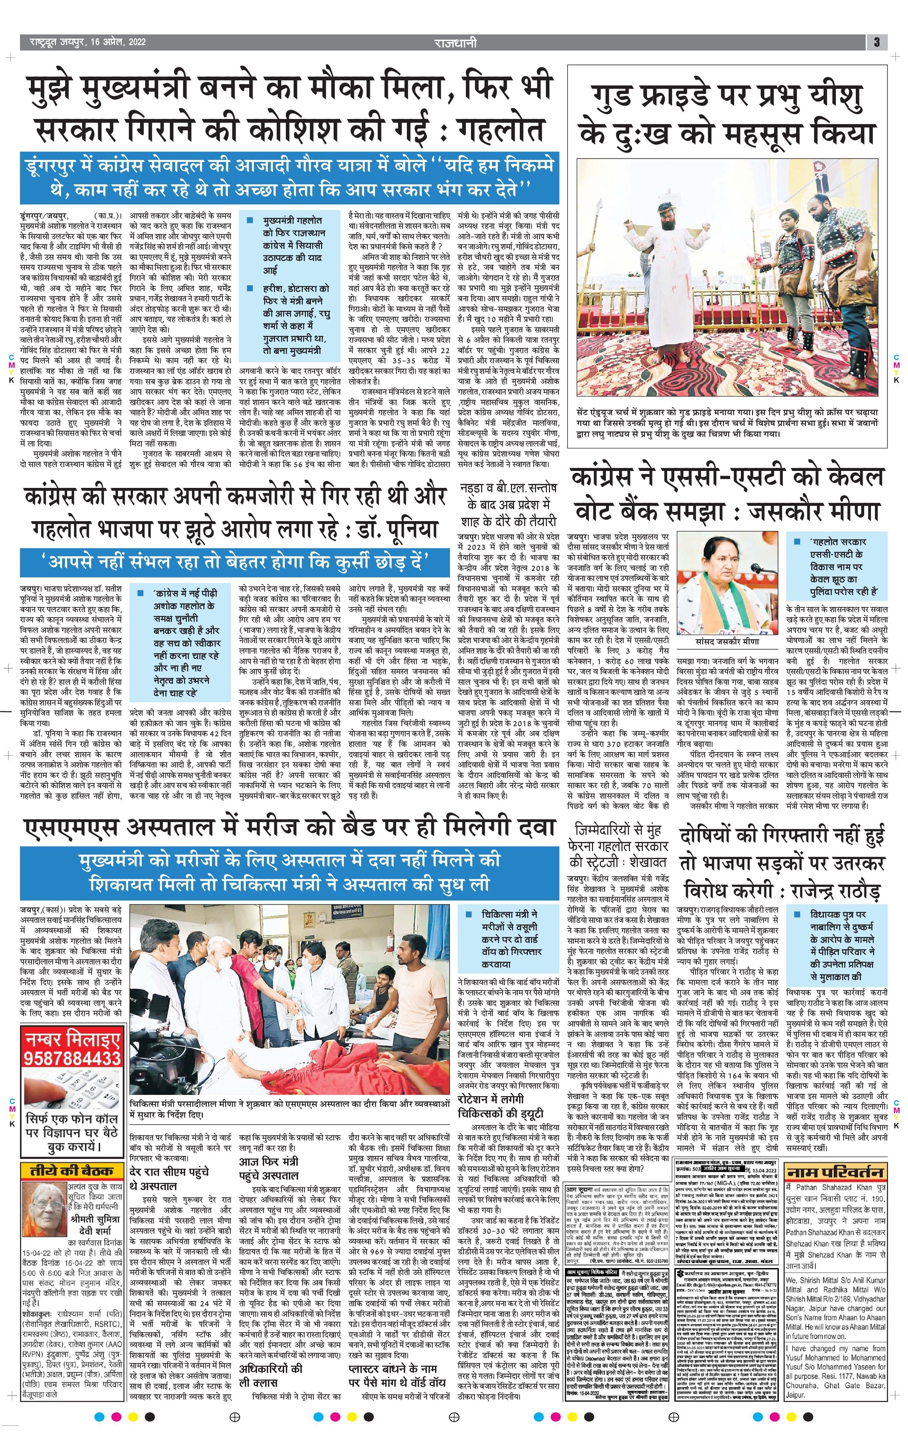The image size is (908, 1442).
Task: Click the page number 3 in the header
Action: (876, 42)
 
